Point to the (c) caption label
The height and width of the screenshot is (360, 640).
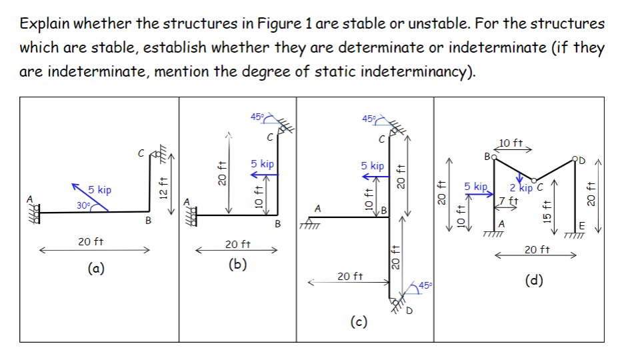point(358,323)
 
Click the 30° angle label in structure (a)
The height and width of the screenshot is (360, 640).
point(84,205)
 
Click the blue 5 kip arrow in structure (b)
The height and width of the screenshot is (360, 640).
point(264,175)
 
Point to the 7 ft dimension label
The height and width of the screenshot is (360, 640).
point(510,201)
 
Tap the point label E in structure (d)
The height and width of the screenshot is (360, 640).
point(582,225)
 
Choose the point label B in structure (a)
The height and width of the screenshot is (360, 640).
point(149,220)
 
